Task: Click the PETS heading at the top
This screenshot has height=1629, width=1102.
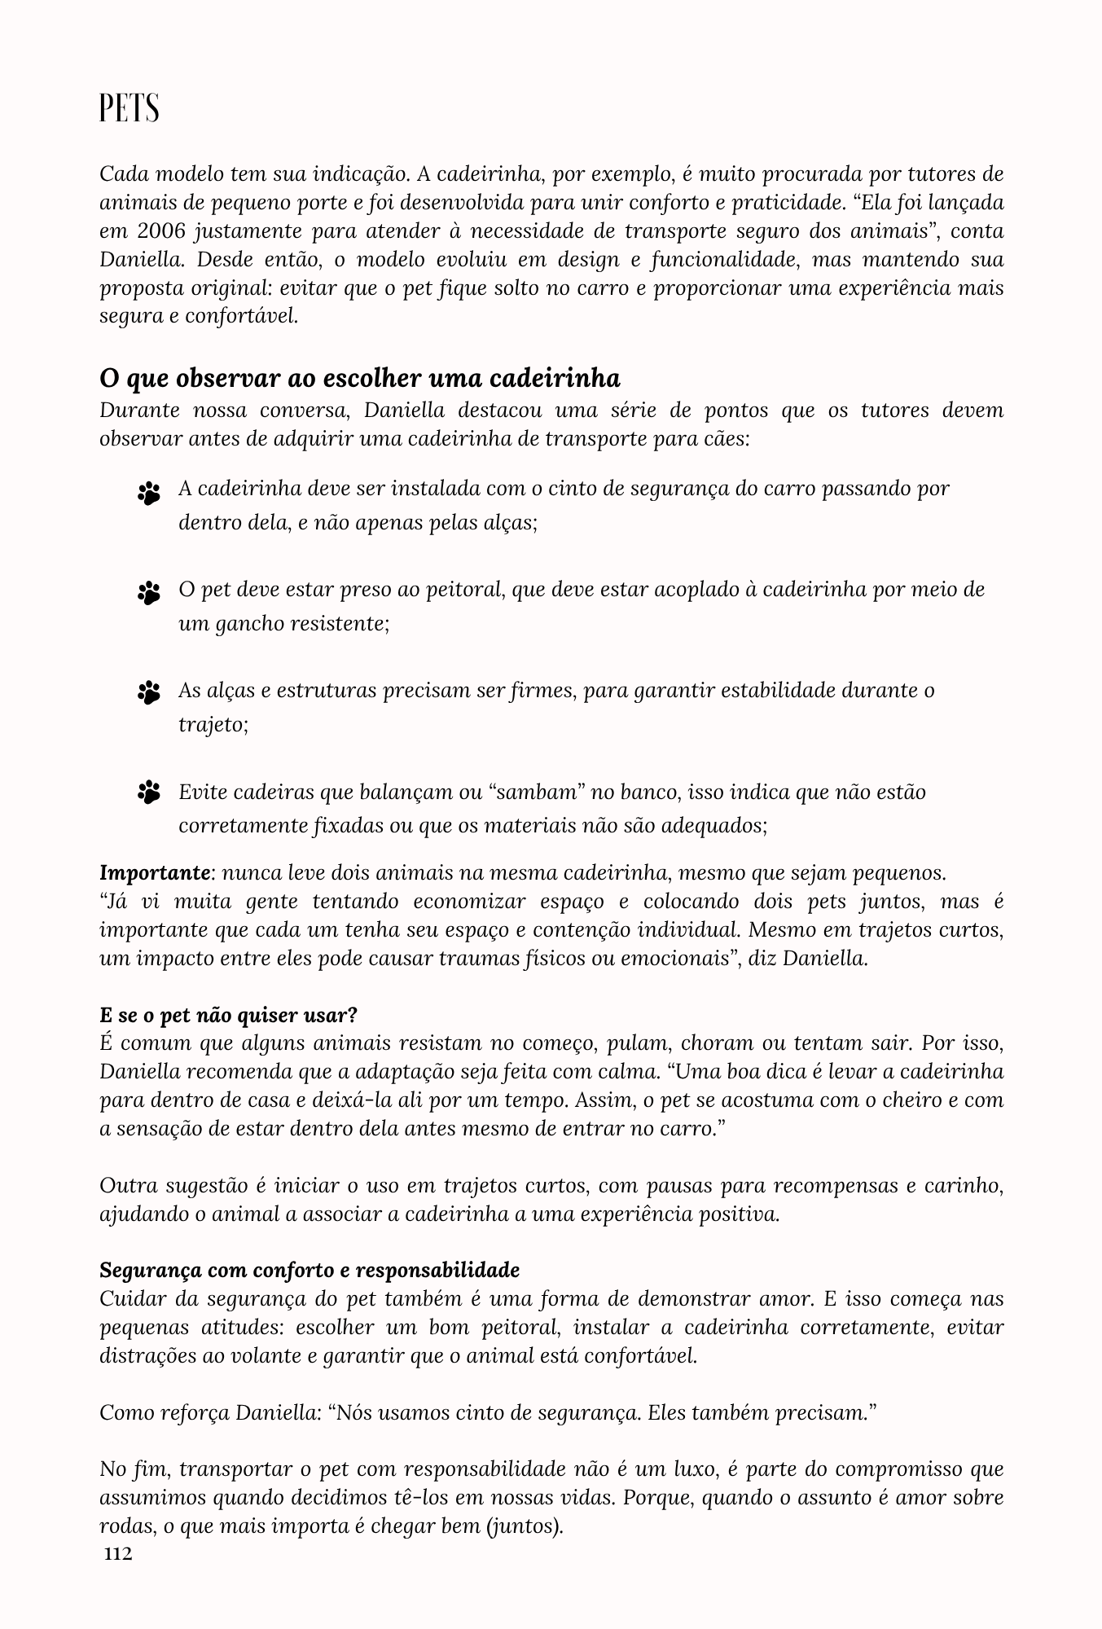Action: tap(129, 108)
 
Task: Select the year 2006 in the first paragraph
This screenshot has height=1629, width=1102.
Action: tap(154, 231)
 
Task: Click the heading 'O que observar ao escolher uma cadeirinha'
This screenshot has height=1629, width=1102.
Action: tap(359, 379)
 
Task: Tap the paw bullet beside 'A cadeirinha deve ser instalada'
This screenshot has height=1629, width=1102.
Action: tap(149, 493)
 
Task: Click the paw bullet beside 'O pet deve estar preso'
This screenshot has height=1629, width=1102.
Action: tap(149, 593)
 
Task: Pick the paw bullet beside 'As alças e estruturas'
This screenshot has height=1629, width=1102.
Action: tap(149, 693)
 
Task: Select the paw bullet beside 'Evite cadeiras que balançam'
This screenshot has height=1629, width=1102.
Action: tap(149, 792)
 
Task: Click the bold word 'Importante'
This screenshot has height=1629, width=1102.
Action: tap(155, 873)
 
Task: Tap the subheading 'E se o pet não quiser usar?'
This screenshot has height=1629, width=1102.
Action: tap(228, 1016)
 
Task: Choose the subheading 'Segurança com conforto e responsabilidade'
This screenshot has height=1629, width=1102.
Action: tap(310, 1270)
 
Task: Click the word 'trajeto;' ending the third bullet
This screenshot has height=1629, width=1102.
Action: tap(213, 724)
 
